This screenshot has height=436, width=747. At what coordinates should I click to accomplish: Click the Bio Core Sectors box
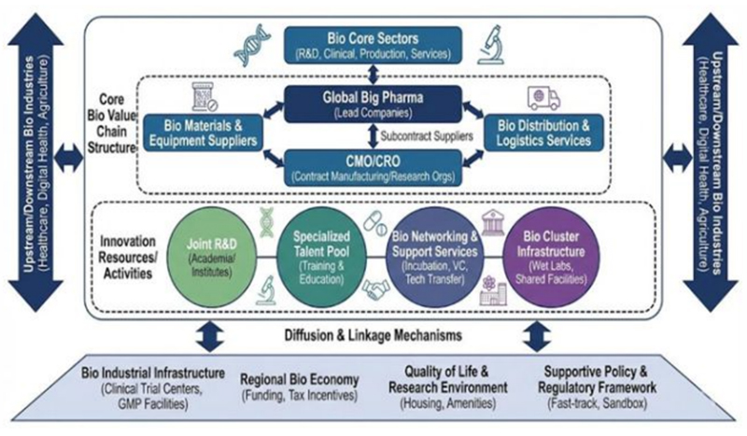(374, 43)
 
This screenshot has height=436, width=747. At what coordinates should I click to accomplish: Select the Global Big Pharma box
(373, 104)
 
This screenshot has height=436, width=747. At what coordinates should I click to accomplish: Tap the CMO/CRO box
(373, 164)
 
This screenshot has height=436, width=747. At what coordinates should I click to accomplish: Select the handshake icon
(375, 292)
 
